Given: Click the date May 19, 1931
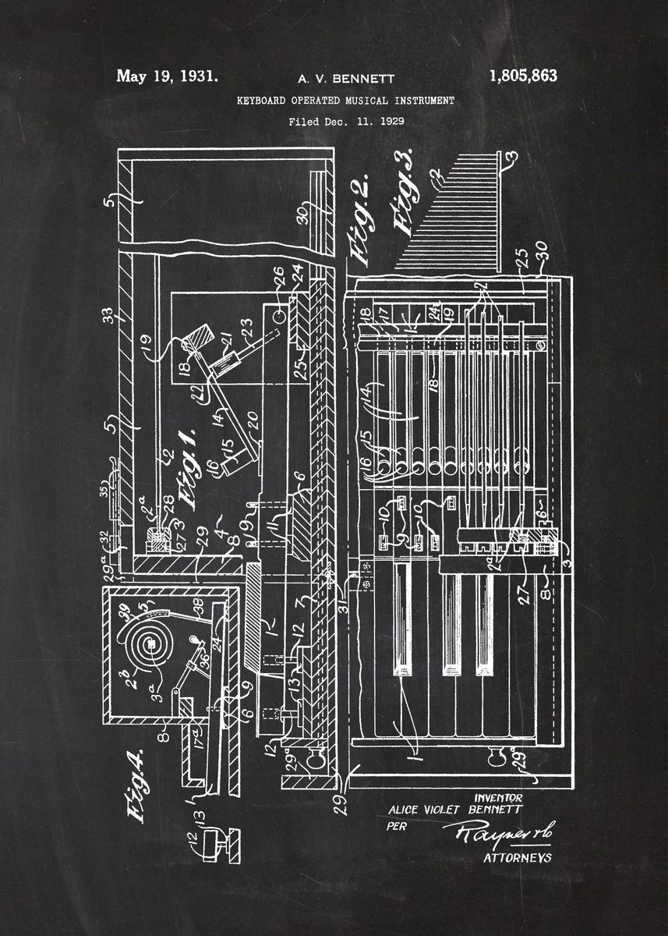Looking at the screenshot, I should pos(167,76).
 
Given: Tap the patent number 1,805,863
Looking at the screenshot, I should pos(523,76).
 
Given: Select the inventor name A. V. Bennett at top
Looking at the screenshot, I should pos(346,79).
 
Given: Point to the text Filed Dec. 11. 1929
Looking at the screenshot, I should pos(346,122).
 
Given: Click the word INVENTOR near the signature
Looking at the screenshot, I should pos(498,797).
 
